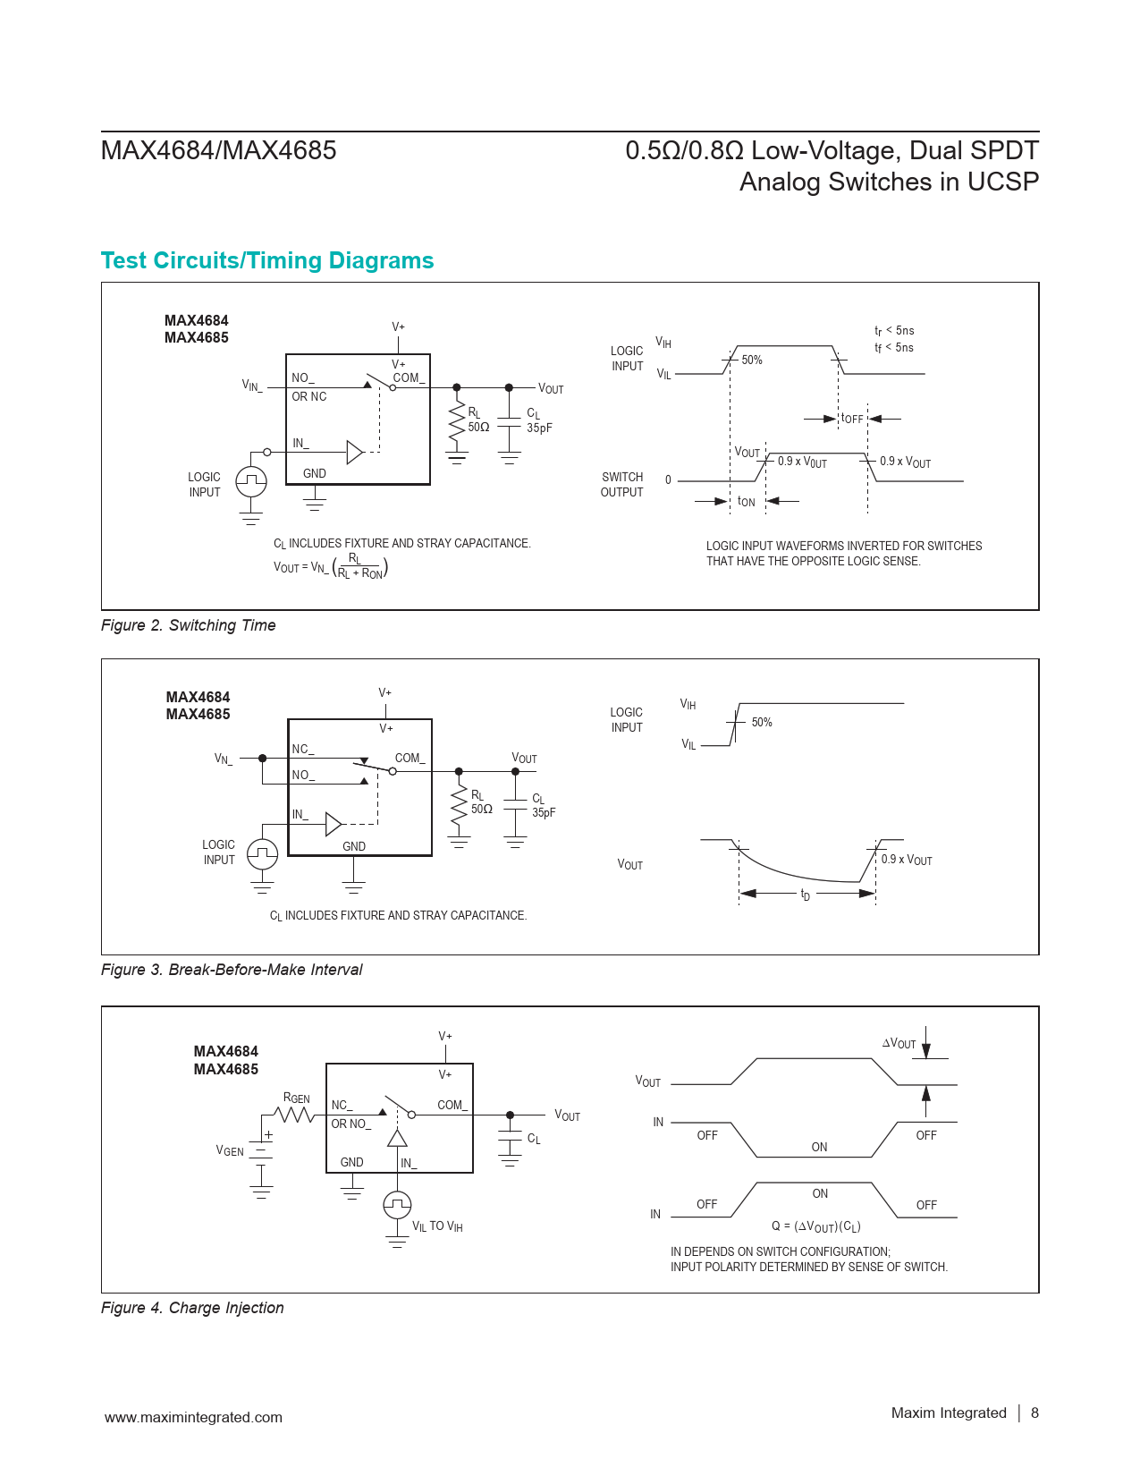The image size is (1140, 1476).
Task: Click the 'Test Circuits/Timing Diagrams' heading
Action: [267, 260]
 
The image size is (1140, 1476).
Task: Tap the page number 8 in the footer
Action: [1034, 1412]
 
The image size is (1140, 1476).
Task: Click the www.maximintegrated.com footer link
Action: [193, 1417]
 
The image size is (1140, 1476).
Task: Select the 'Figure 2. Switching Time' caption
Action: [188, 625]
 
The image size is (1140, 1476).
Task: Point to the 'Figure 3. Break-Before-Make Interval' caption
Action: [232, 970]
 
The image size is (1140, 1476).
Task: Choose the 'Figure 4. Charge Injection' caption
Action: [192, 1308]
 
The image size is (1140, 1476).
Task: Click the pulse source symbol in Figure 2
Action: [251, 481]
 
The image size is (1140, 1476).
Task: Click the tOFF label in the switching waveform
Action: [852, 419]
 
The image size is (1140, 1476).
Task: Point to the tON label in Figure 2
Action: [747, 502]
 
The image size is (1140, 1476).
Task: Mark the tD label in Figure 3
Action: [806, 895]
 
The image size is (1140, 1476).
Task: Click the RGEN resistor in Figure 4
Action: [295, 1115]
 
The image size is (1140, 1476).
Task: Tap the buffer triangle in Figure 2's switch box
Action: [355, 453]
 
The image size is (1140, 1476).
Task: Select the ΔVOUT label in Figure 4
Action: [899, 1043]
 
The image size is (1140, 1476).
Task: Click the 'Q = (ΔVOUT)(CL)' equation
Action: [816, 1226]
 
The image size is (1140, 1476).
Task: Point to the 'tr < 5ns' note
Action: [894, 331]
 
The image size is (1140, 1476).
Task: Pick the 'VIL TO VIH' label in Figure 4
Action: [437, 1226]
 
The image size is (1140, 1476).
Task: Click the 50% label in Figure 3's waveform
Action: [761, 722]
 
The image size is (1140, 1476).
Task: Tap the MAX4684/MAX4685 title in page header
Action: [219, 150]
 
